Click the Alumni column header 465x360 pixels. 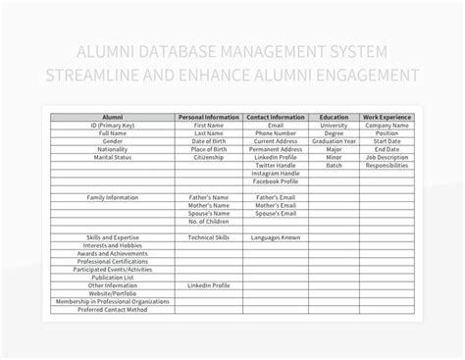coord(112,118)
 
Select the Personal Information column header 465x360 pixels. coord(208,118)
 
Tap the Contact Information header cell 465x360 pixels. coord(276,118)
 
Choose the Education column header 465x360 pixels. coord(335,118)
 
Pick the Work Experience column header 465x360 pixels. coord(387,118)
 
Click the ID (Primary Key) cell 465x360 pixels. coord(112,126)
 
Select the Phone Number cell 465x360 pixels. coord(276,132)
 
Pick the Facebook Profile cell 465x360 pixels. coord(276,181)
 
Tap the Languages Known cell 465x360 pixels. coord(276,237)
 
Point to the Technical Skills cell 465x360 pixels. coord(208,237)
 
